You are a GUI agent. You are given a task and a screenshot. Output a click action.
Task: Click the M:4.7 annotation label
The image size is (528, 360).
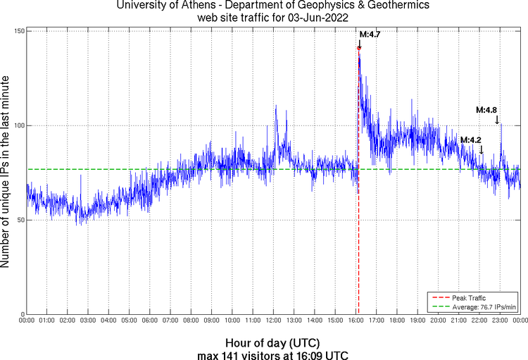point(370,34)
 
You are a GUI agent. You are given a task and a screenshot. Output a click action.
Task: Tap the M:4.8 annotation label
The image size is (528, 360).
point(486,110)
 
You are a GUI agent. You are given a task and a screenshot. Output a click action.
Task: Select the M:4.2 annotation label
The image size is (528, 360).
point(471,140)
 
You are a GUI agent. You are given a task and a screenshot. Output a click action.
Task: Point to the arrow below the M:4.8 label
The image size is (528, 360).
point(498,120)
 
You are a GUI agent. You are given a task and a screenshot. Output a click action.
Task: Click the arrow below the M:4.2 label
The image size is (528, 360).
point(482,150)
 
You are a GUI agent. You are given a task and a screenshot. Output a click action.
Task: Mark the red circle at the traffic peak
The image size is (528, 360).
point(359,48)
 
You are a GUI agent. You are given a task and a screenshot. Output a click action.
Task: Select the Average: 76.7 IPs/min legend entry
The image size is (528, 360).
point(477,306)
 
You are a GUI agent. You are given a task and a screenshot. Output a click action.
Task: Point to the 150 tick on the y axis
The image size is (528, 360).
point(19,31)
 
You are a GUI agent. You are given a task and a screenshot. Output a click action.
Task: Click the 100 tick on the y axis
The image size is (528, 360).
point(19,125)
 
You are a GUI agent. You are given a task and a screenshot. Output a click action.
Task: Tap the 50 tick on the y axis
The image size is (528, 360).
point(20,220)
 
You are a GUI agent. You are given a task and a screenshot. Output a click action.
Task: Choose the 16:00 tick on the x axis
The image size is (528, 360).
point(356,321)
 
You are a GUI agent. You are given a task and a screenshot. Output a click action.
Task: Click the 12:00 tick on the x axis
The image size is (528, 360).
point(273,321)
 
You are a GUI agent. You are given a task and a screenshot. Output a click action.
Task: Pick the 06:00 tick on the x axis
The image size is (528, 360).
point(150,321)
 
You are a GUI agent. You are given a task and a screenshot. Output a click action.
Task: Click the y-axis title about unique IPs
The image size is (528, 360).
point(6,173)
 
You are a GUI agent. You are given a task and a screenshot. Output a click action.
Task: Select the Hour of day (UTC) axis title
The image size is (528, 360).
point(273,342)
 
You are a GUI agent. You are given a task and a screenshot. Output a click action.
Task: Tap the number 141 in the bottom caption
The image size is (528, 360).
point(233,354)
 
